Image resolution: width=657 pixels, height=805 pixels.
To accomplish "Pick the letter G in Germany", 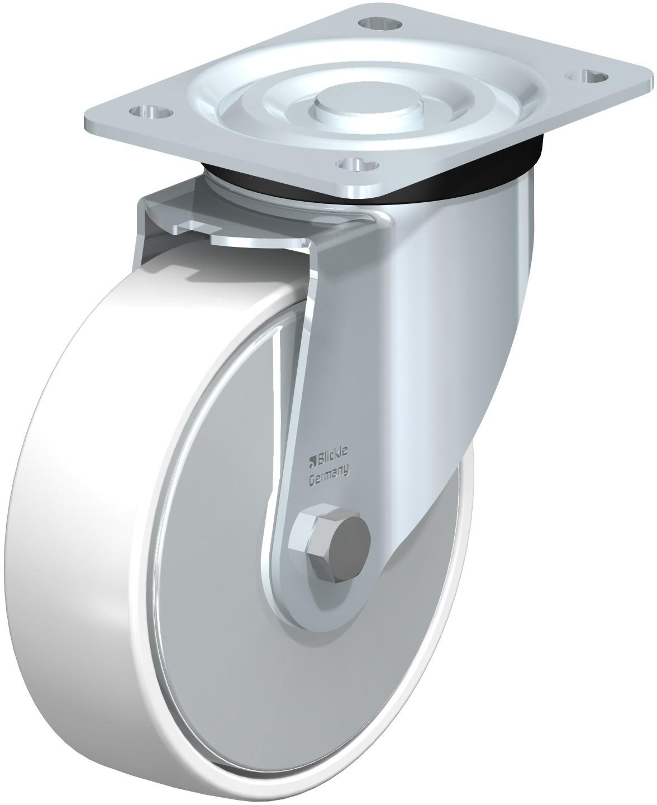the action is (312, 482).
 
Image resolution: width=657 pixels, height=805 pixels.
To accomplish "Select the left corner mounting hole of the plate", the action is (151, 112).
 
